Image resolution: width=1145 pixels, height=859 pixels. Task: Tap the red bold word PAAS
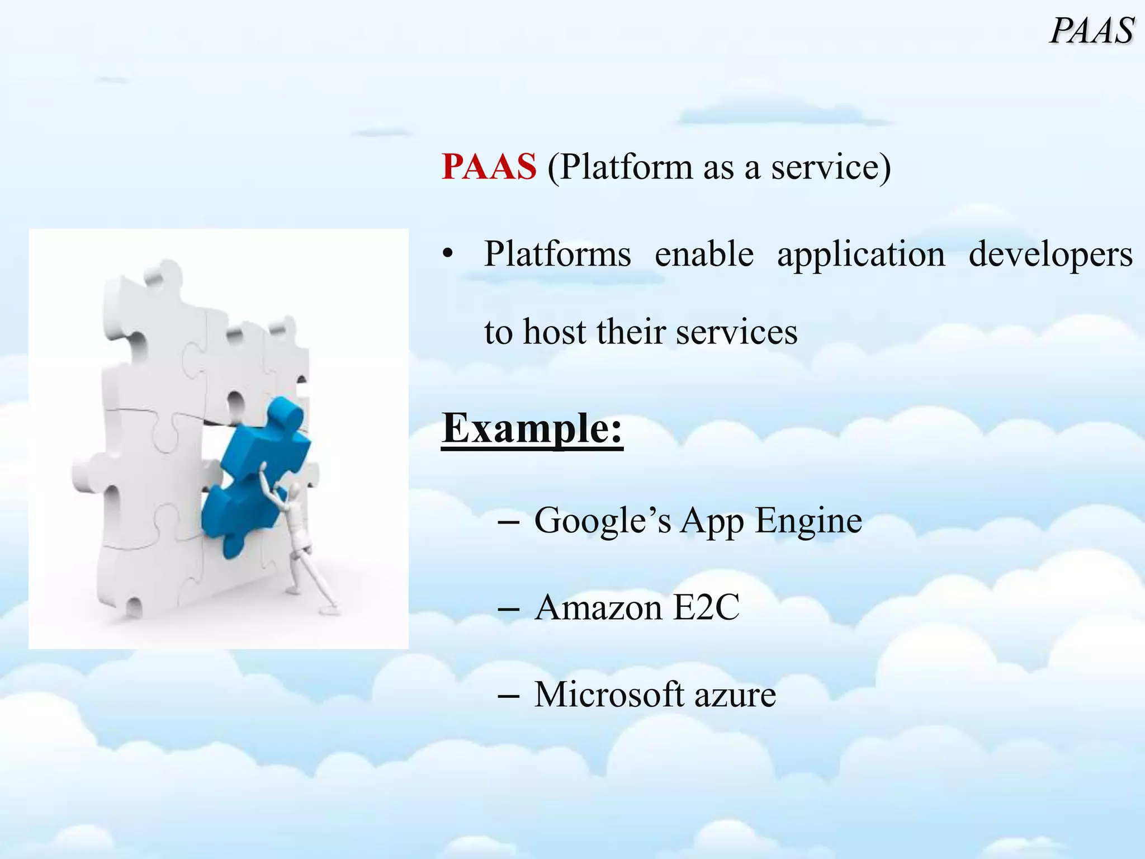click(x=489, y=167)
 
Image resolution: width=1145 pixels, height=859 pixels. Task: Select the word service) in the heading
click(x=831, y=167)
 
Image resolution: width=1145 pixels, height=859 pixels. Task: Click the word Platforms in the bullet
click(x=557, y=254)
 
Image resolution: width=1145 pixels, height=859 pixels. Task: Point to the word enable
click(x=704, y=254)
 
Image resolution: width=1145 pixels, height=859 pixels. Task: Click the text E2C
click(x=706, y=607)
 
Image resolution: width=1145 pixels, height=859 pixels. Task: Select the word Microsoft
click(x=609, y=695)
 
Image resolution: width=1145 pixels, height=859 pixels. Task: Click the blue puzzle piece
click(x=254, y=475)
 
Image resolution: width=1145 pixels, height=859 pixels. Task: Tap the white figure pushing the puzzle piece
click(x=296, y=537)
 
